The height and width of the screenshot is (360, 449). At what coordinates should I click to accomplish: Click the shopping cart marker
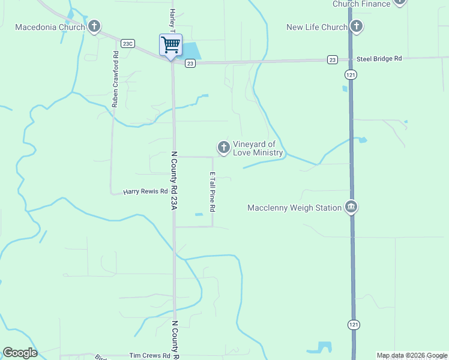pos(170,45)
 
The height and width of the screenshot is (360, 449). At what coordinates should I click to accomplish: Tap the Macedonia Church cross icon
pos(94,26)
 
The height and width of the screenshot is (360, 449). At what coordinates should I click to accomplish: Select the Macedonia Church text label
pos(50,27)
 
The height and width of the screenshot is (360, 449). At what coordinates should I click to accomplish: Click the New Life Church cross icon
pos(357,26)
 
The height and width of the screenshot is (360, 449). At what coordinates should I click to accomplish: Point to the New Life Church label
pos(316,27)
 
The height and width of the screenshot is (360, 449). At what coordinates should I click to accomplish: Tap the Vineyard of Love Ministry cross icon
pos(224,147)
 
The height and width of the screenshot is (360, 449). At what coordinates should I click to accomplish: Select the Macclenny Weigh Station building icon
pos(351,208)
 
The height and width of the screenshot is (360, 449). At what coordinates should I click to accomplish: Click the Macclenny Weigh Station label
pos(294,208)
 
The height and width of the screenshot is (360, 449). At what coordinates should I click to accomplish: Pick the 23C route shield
pos(127,43)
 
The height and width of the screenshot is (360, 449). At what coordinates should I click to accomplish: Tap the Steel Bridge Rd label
pos(379,59)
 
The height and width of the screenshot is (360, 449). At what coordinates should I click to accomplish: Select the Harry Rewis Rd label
pos(145,192)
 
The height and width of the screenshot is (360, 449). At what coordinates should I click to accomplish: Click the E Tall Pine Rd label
pos(212,191)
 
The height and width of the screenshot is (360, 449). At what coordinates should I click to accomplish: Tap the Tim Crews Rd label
pos(145,355)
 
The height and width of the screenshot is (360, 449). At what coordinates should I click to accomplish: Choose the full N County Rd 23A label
pos(175,180)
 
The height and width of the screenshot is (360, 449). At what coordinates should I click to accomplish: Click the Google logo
pos(20,353)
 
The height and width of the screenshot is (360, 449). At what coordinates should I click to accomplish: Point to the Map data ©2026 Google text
pos(412,355)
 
